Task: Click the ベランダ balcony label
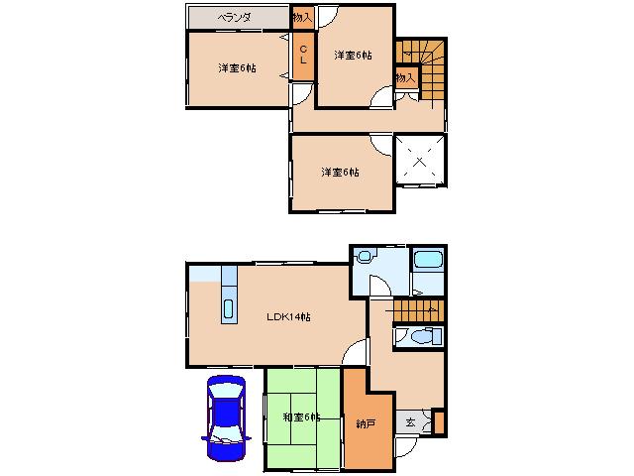click(x=235, y=18)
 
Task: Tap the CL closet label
click(x=303, y=55)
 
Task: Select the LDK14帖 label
click(x=288, y=316)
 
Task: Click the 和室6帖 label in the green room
click(x=301, y=416)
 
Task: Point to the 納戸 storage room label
click(x=367, y=423)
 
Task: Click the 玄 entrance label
click(x=410, y=423)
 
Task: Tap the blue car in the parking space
click(x=226, y=418)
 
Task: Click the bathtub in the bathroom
click(x=429, y=259)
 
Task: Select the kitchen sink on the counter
click(x=229, y=309)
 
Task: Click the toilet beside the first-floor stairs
click(x=425, y=336)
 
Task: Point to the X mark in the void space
click(x=420, y=161)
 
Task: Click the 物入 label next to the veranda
click(x=303, y=18)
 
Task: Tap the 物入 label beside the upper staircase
click(x=405, y=77)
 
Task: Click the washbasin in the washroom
click(x=366, y=256)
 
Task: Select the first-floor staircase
click(x=418, y=310)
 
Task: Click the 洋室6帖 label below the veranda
click(x=238, y=68)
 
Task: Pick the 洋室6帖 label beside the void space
click(x=341, y=172)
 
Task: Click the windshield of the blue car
click(x=226, y=392)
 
